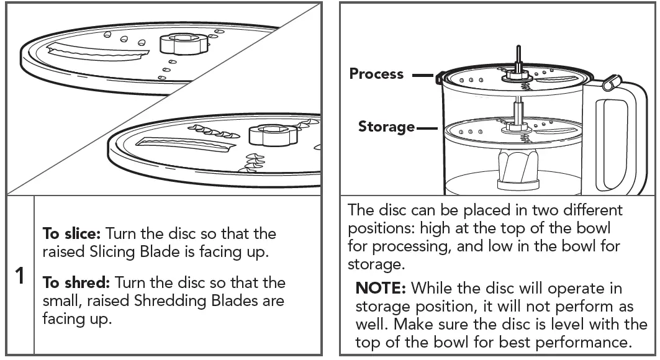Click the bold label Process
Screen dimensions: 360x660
376,74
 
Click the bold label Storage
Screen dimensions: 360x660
386,127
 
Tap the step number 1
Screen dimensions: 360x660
20,276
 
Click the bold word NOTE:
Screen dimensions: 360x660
381,289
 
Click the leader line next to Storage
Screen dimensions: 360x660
428,128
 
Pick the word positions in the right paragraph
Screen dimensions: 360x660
379,228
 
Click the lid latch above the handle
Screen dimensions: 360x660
611,80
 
